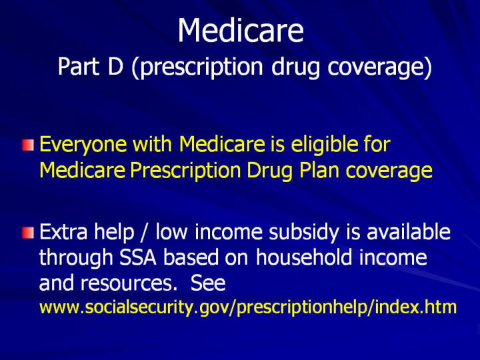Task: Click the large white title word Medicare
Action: pos(241,30)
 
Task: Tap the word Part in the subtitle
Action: pos(79,67)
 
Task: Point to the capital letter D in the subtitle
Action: pos(115,67)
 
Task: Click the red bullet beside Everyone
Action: pos(28,145)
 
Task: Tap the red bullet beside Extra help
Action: pos(28,233)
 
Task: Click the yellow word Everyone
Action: pos(83,145)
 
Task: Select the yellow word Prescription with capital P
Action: pos(185,171)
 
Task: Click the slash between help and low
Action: pos(145,233)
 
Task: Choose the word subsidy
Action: pos(304,233)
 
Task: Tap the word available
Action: pos(409,231)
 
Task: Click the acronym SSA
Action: pos(138,257)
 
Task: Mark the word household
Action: pos(304,257)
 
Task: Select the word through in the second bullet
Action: pos(76,259)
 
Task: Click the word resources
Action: pos(129,283)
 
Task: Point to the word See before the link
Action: pos(208,283)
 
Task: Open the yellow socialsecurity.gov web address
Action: pos(248,307)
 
